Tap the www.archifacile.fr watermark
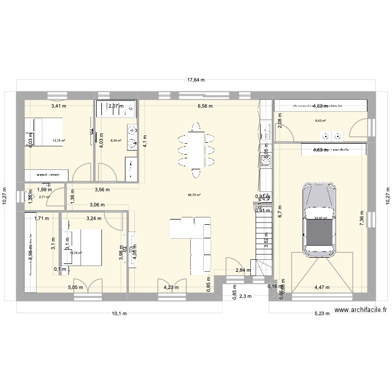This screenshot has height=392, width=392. (x=361, y=309)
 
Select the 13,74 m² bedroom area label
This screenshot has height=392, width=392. (x=58, y=140)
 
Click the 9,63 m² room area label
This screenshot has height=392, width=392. (x=320, y=121)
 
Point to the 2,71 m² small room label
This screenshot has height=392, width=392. (x=44, y=197)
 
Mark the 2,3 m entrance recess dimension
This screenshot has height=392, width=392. (x=245, y=296)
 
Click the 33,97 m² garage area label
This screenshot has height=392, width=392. (x=320, y=219)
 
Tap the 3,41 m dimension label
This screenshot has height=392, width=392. (x=59, y=106)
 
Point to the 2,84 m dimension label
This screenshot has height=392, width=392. (x=243, y=270)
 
